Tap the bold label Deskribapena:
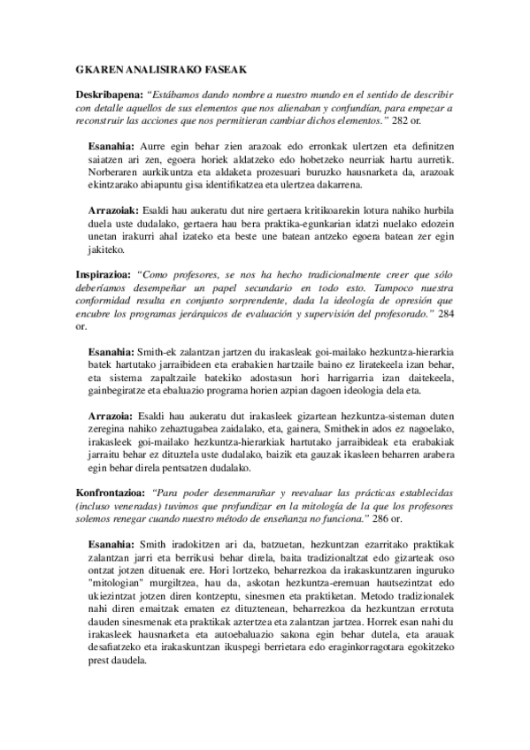pyautogui.click(x=110, y=93)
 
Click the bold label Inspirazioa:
pyautogui.click(x=104, y=276)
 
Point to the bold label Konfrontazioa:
pyautogui.click(x=111, y=491)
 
